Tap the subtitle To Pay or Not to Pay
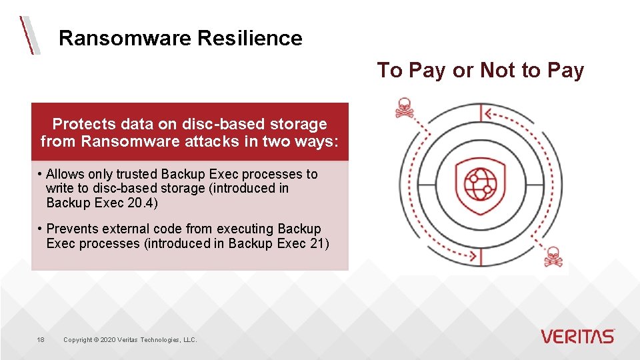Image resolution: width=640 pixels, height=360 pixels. coord(481,71)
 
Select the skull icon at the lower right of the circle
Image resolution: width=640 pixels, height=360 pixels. coord(553,257)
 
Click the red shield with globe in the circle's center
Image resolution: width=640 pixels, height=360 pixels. coord(479,184)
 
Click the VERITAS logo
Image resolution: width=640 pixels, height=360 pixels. coord(577,336)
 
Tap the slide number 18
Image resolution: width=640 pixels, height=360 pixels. coord(41,340)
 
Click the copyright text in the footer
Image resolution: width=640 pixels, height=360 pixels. coord(130,340)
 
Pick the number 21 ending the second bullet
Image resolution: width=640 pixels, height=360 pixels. coord(319,243)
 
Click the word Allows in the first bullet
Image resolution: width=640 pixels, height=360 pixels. coord(66,174)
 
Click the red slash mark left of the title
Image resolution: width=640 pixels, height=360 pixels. coord(29,35)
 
